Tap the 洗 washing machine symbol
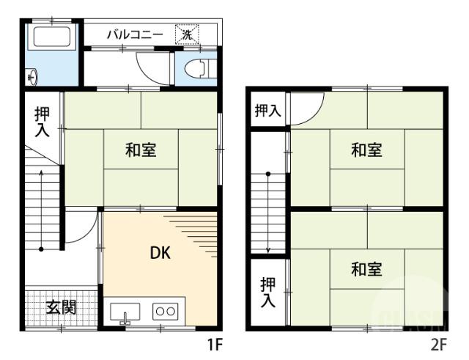(187, 34)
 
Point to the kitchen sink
(125, 312)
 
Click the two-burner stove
(164, 311)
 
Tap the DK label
(160, 253)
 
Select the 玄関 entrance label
(62, 307)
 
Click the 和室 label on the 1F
(140, 150)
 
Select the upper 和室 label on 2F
(366, 150)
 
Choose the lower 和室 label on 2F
(366, 269)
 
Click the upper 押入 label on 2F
(267, 111)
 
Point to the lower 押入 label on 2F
(268, 292)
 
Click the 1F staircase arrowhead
(41, 174)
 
